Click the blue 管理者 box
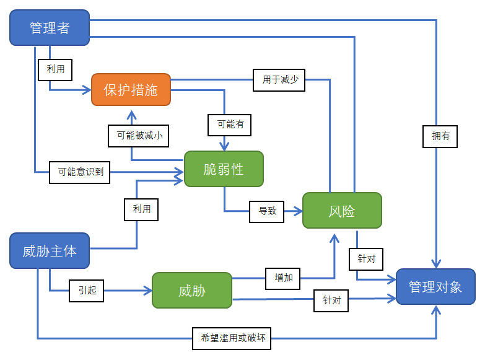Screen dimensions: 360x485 coord(50,28)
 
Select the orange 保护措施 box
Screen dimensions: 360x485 coord(131,90)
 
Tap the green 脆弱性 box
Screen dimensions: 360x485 coord(224,169)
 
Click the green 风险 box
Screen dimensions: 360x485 coord(342,211)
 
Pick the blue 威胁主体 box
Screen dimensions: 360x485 coord(50,251)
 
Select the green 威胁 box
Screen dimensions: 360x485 coord(192,291)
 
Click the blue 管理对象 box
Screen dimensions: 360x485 coord(435,286)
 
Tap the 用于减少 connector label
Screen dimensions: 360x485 coord(279,80)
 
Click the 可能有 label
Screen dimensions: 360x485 coord(230,124)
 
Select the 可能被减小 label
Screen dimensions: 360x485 coord(139,134)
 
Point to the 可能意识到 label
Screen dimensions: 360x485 coord(80,172)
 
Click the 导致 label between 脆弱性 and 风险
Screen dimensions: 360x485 coord(267,211)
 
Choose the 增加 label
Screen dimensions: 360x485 coord(283,278)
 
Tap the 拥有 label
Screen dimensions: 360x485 coord(440,136)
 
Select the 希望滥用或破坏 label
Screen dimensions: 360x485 coord(232,338)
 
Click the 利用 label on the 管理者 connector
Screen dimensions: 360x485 coord(56,69)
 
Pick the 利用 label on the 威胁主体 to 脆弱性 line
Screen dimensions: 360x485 coord(141,209)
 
